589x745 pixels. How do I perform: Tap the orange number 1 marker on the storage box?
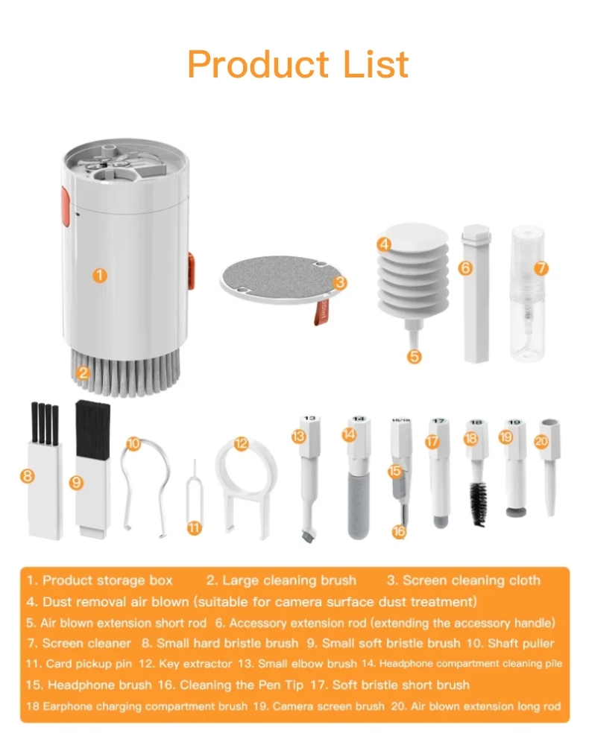(x=99, y=276)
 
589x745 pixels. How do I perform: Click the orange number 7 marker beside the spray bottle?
(x=541, y=268)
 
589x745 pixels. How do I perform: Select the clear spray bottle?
(x=527, y=293)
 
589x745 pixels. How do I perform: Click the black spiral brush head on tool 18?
(x=479, y=504)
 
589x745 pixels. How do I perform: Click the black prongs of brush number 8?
(x=45, y=423)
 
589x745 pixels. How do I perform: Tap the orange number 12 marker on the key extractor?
(x=241, y=444)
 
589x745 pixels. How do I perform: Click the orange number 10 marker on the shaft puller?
(x=133, y=444)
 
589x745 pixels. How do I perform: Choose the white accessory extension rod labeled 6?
(x=476, y=294)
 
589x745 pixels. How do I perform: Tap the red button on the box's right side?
(x=191, y=271)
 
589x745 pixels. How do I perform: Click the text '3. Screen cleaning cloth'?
(x=464, y=580)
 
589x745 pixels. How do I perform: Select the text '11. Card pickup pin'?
(x=79, y=664)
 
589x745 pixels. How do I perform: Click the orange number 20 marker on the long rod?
(x=541, y=441)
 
